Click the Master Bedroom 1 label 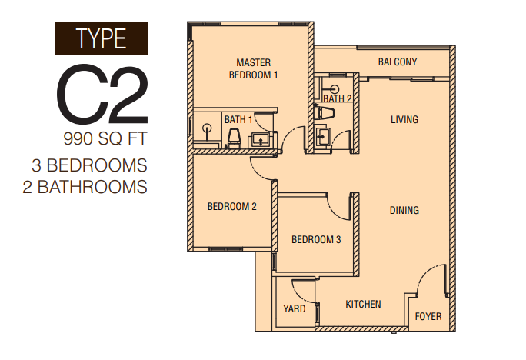253,68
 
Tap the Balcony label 398,62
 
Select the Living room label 404,119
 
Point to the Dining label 404,210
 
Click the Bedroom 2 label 231,206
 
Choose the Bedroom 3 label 316,239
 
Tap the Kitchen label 363,305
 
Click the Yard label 295,308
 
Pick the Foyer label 428,316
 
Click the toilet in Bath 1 234,139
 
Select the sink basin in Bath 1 261,139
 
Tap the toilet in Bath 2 324,112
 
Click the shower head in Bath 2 333,89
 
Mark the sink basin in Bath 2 323,137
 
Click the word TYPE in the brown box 102,38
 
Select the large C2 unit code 102,94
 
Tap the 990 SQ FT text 105,138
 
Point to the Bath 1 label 238,119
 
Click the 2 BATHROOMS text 85,187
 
